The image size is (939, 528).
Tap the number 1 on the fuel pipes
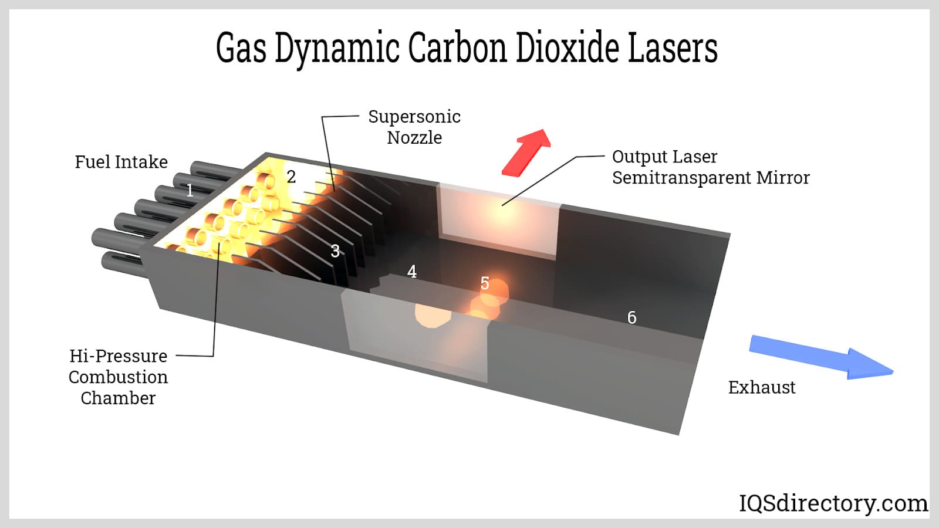(x=190, y=190)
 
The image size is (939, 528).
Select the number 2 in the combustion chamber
(x=291, y=177)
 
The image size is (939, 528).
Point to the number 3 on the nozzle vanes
(x=335, y=251)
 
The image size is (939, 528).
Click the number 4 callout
(x=412, y=272)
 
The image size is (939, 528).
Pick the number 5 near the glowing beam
(x=485, y=283)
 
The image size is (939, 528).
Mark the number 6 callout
(x=631, y=317)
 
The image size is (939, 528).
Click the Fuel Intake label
(x=121, y=162)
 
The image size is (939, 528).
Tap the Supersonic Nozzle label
(x=414, y=127)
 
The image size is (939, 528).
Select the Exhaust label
(x=762, y=387)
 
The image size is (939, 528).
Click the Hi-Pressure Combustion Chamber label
(x=118, y=377)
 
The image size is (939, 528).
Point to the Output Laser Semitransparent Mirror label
(x=710, y=167)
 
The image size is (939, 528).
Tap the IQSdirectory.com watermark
(x=833, y=503)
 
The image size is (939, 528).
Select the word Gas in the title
(x=241, y=48)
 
